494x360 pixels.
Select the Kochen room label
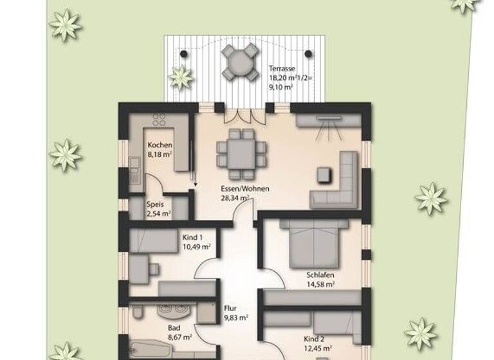(160, 145)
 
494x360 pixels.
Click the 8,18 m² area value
(159, 155)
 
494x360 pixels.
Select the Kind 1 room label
(193, 237)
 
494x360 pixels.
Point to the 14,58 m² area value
(320, 283)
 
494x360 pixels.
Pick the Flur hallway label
(231, 308)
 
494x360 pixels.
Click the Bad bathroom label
(174, 327)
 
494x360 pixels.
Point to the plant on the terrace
(181, 78)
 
